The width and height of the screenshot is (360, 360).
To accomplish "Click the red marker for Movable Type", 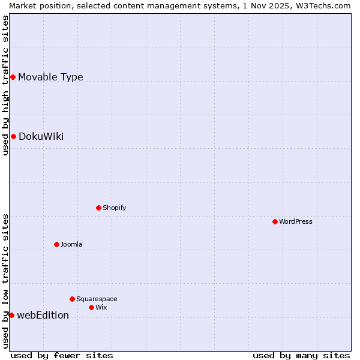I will (x=13, y=77).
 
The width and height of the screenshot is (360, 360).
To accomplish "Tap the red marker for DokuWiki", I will (x=13, y=136).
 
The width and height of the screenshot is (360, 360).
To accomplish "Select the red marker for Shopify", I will (x=99, y=208).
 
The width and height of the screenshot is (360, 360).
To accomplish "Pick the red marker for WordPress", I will (x=275, y=221).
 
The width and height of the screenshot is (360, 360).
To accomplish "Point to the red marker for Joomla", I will (x=57, y=244).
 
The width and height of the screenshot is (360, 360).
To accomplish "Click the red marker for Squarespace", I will (x=73, y=299).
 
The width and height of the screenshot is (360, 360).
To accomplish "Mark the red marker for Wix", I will (x=92, y=307).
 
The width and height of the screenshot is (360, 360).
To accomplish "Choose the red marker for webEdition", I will (x=11, y=315).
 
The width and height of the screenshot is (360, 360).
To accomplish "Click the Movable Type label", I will (x=50, y=77).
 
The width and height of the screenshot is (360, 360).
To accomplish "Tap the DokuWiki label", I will (x=41, y=136).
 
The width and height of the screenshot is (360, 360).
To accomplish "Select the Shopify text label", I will (x=114, y=208).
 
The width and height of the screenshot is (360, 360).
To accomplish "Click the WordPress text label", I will (x=296, y=221).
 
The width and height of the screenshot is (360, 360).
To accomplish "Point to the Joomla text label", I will (x=71, y=244).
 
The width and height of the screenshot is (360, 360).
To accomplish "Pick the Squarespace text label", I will (x=97, y=299).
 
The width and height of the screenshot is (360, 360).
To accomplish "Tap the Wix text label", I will (x=101, y=307).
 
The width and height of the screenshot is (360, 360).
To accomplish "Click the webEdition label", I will (x=43, y=315).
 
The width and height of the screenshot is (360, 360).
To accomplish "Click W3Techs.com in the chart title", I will (x=323, y=5).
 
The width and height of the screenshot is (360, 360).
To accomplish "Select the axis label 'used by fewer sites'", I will (x=62, y=355).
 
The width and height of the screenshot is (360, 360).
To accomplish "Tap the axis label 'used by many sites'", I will (x=301, y=355).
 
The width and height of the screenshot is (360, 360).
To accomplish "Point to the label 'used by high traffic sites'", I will (x=5, y=85).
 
